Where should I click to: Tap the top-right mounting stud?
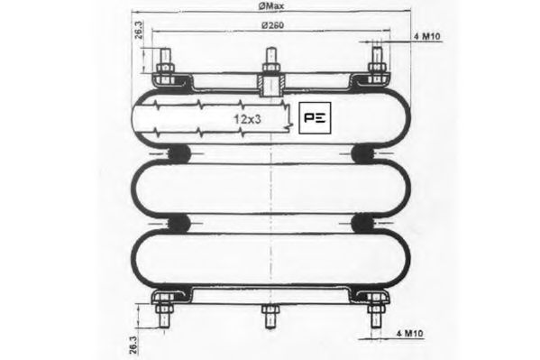377,67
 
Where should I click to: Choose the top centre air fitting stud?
270,63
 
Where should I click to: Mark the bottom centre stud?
270,318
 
